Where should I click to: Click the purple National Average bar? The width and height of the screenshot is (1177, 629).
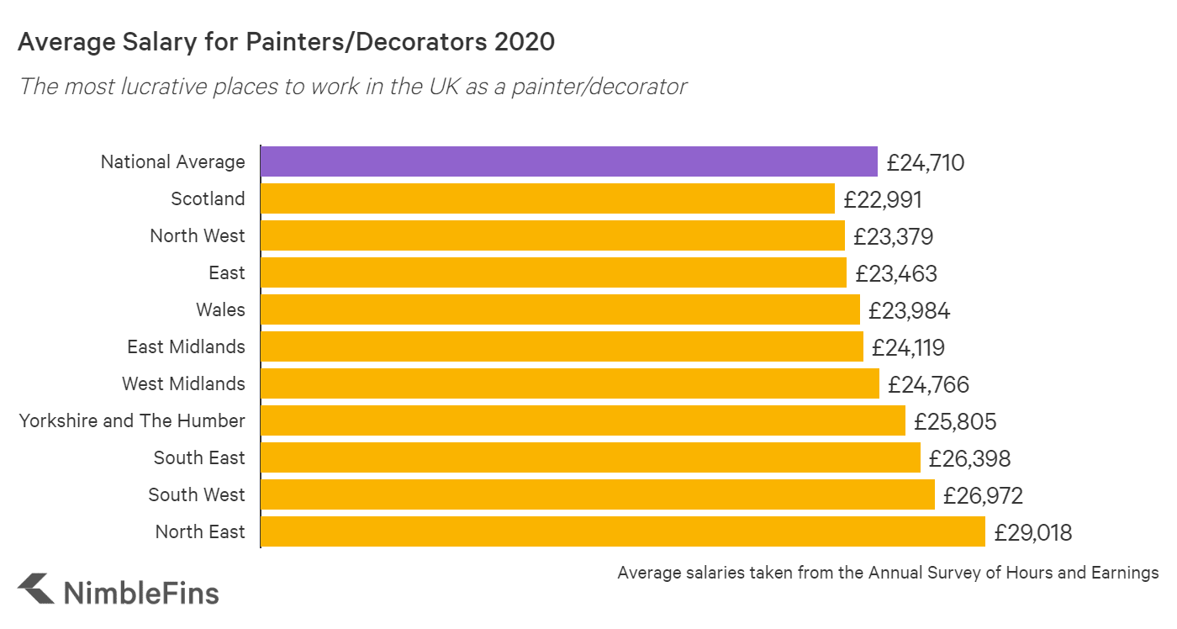tap(568, 161)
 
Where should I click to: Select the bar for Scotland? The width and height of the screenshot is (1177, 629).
tap(547, 198)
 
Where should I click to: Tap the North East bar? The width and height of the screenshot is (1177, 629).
tap(622, 531)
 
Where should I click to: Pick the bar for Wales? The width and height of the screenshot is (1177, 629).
tap(560, 309)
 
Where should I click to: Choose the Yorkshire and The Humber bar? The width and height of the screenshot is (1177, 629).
tap(583, 420)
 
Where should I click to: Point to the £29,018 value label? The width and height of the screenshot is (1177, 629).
tap(1033, 532)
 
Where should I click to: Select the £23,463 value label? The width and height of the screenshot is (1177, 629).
tap(895, 273)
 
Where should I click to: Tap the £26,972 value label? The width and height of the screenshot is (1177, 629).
tap(983, 495)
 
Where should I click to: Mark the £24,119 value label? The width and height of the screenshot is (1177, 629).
tap(908, 347)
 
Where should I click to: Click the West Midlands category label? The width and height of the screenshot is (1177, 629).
tap(183, 384)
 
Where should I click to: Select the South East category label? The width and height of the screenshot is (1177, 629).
tap(199, 458)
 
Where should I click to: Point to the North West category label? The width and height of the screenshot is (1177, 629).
tap(198, 236)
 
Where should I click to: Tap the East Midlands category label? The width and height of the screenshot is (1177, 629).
tap(186, 347)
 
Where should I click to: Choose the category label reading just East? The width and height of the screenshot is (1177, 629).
tap(227, 273)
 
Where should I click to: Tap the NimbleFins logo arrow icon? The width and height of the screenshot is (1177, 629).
tap(35, 589)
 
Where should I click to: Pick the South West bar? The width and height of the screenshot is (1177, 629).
tap(597, 494)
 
